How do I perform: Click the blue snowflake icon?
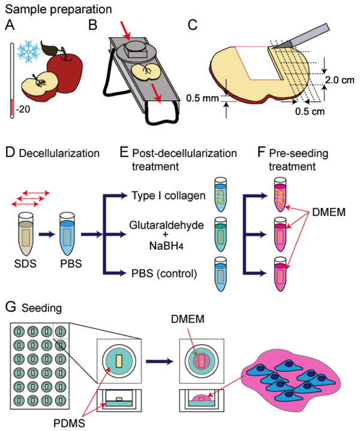[29, 53]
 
